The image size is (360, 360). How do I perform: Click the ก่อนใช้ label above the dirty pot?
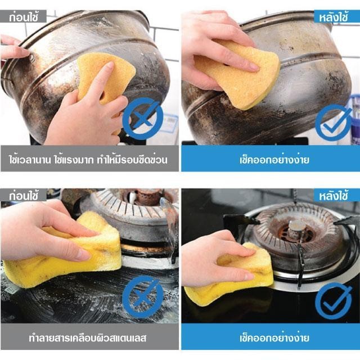[24, 17]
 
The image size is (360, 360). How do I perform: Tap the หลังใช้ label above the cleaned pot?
[334, 17]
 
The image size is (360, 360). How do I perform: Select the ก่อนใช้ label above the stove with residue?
[24, 196]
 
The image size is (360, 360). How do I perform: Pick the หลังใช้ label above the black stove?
[334, 196]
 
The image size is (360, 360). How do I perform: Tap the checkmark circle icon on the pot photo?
[334, 122]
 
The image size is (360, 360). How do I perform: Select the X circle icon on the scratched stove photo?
[142, 297]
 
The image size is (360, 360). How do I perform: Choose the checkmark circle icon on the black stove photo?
[334, 301]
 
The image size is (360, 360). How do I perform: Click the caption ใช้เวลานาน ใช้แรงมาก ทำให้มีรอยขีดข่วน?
[88, 160]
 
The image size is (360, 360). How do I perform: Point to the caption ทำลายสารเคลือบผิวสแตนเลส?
[88, 338]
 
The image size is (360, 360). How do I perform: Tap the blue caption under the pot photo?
[274, 160]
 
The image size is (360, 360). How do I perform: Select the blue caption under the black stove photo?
[274, 337]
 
